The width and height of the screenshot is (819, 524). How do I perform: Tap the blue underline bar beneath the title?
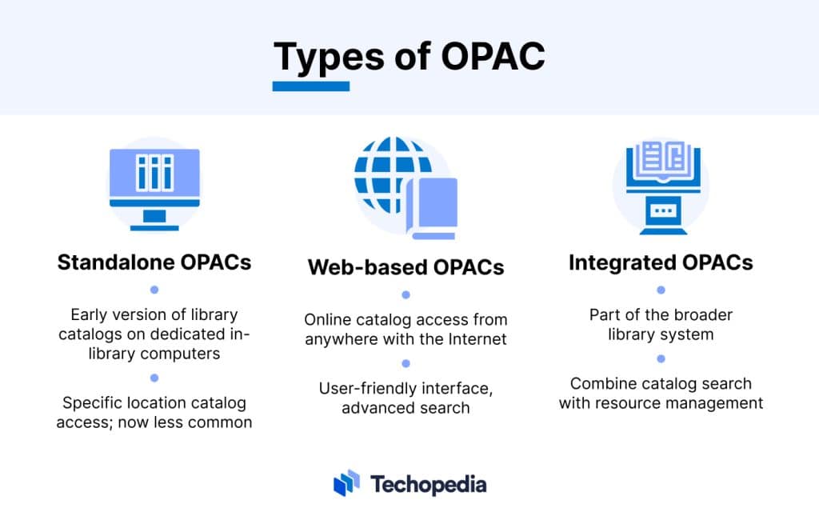311,86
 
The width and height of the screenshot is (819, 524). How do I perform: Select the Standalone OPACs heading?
154,262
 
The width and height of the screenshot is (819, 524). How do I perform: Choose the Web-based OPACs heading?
406,267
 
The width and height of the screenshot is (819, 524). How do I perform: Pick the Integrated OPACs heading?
661,262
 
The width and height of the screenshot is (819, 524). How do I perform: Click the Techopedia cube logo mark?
346,483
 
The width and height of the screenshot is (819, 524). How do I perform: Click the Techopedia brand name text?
428,484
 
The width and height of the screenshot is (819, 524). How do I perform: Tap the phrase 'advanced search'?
406,408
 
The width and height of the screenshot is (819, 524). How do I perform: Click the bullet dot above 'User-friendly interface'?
406,363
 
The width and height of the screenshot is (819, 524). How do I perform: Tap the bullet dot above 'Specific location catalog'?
154,378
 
